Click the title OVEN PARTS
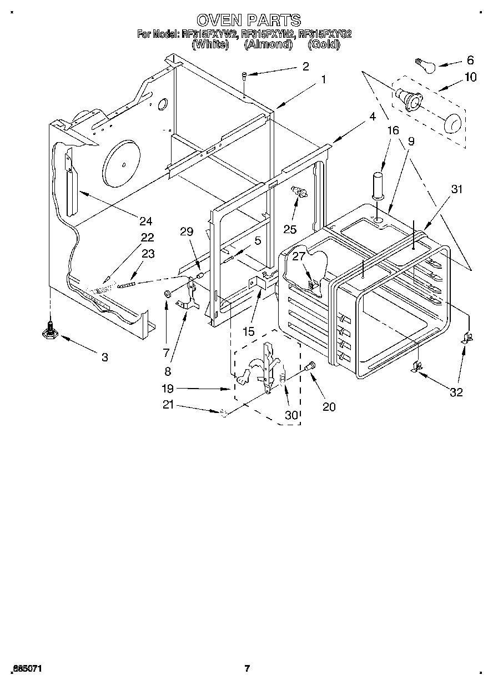(249, 21)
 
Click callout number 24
(145, 221)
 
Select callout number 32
(456, 392)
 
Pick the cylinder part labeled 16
(378, 185)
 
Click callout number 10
(470, 77)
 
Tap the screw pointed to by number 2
(244, 77)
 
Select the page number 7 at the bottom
(248, 668)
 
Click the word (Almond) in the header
(268, 45)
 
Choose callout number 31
(456, 189)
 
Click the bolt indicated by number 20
(310, 366)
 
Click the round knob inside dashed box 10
(453, 122)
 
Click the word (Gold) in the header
(324, 45)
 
